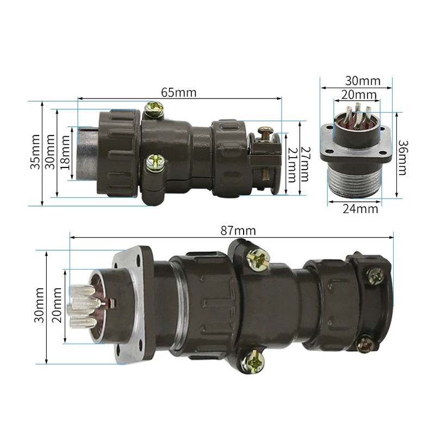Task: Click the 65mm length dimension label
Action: coord(179,92)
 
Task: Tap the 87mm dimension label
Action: coord(238,231)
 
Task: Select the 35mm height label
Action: coord(35,152)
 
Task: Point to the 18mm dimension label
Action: coord(65,153)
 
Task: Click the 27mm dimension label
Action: coord(305,164)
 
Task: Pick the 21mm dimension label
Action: coord(291,165)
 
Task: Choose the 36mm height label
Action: coord(402,158)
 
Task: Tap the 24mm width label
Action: coord(361,209)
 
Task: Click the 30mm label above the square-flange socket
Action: coord(363,81)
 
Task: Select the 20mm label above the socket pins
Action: coord(358,95)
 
